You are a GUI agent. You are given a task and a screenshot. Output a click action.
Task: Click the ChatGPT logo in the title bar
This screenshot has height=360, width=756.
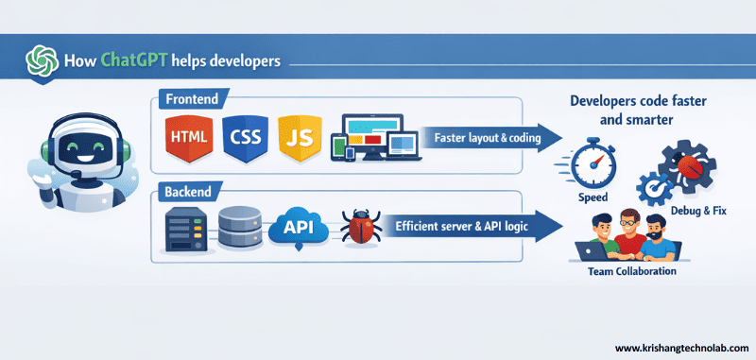(x=43, y=61)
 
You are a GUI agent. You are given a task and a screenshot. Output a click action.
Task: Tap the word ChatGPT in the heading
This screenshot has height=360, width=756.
(x=131, y=62)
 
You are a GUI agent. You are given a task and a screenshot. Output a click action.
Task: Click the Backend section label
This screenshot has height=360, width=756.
(x=189, y=191)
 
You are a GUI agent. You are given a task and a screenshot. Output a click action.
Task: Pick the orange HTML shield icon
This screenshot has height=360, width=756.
(x=187, y=138)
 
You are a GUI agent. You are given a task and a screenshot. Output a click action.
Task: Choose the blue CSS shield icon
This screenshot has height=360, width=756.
(x=244, y=138)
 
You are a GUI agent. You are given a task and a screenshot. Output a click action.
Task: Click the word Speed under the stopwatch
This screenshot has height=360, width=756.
(x=593, y=198)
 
